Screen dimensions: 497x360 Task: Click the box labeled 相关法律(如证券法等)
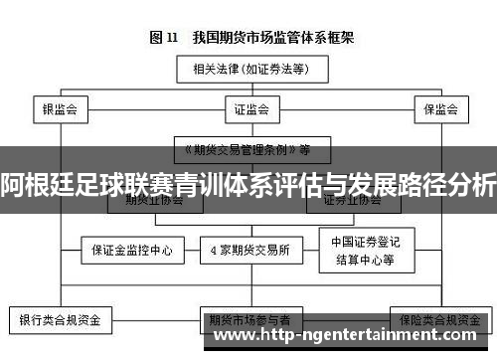pos(248,70)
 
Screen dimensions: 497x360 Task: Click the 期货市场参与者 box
pos(249,322)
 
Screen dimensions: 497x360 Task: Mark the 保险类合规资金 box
pos(436,322)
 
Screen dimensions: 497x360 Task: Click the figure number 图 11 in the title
pos(163,38)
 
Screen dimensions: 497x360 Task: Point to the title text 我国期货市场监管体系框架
pos(268,38)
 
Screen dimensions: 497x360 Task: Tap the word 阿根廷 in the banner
pos(31,185)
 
